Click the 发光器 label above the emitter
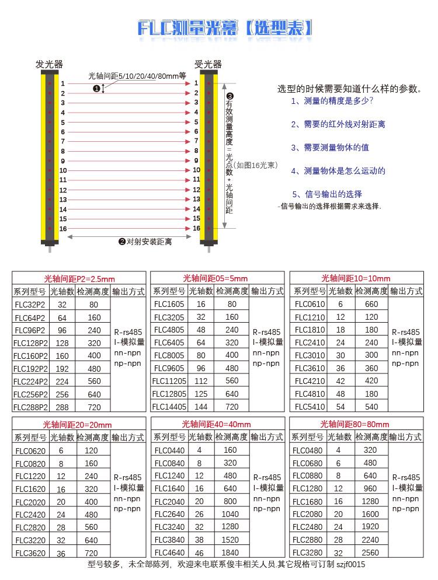pyautogui.click(x=49, y=64)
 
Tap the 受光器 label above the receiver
pyautogui.click(x=208, y=64)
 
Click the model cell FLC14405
pyautogui.click(x=169, y=407)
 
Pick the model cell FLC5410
pyautogui.click(x=310, y=407)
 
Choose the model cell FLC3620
pyautogui.click(x=30, y=553)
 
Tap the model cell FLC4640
pyautogui.click(x=169, y=553)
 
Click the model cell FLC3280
pyautogui.click(x=307, y=553)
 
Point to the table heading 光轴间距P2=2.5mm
pyautogui.click(x=79, y=278)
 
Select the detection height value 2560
pyautogui.click(x=370, y=553)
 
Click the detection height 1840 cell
pyautogui.click(x=230, y=553)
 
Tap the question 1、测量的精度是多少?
pyautogui.click(x=332, y=101)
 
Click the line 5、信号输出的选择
pyautogui.click(x=327, y=194)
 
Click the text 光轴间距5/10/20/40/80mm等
pyautogui.click(x=137, y=76)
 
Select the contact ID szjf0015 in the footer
pyautogui.click(x=351, y=564)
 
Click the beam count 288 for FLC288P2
pyautogui.click(x=62, y=407)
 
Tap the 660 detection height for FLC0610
pyautogui.click(x=371, y=305)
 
